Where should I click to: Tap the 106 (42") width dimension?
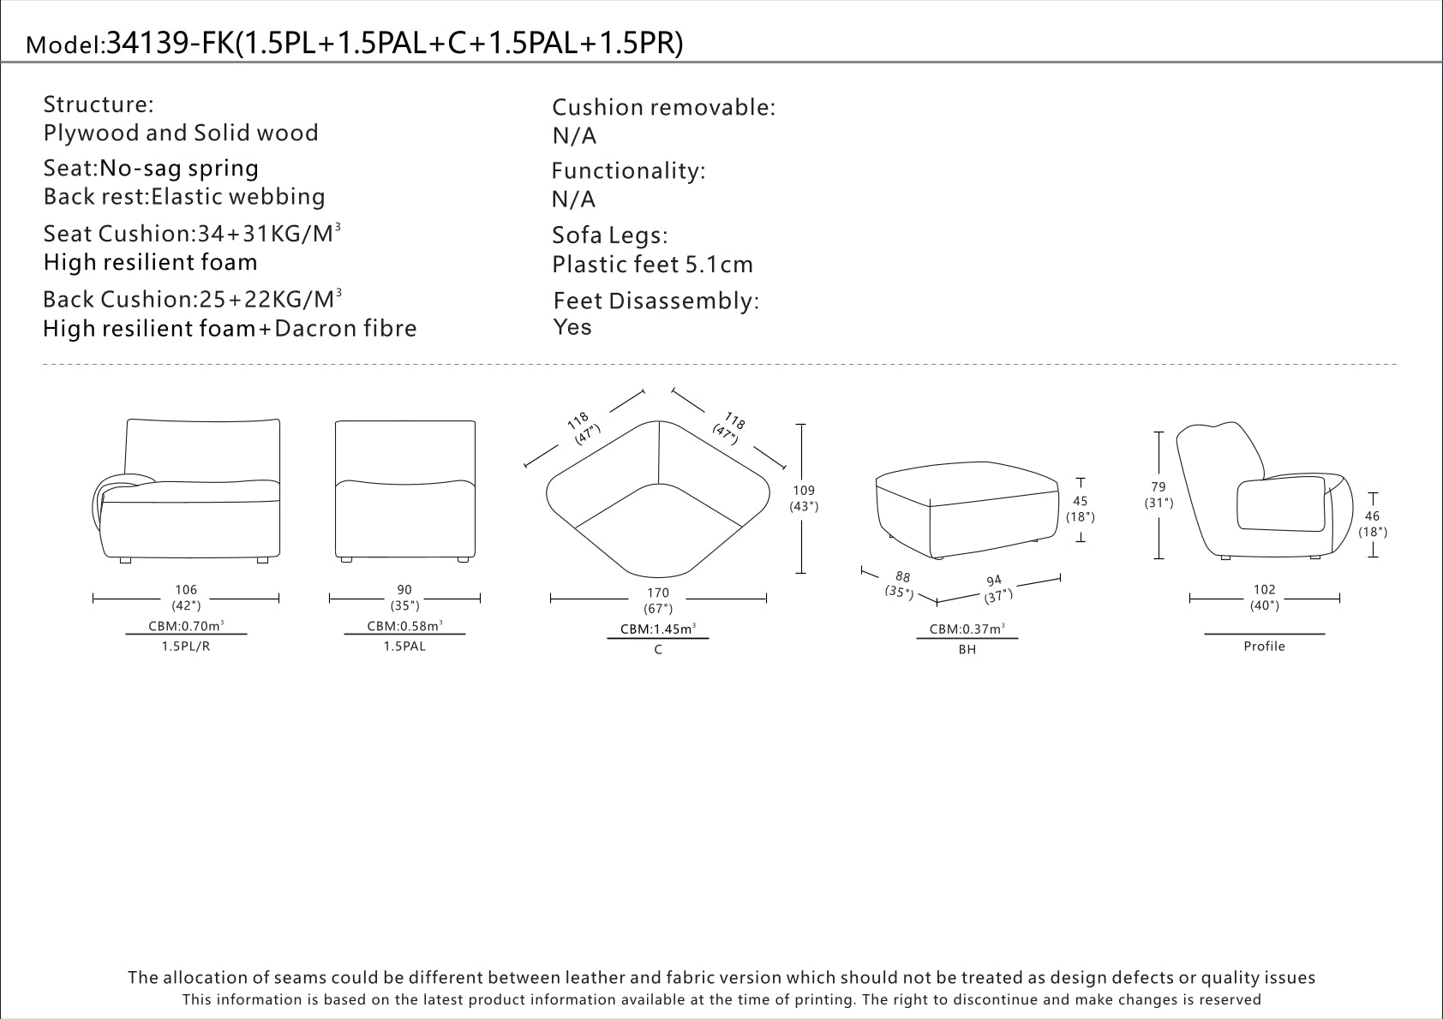186,598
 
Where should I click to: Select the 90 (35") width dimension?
404,598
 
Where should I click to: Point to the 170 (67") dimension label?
658,600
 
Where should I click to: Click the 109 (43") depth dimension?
804,498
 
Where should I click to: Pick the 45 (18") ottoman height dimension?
1081,509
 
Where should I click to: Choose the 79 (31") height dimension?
1159,495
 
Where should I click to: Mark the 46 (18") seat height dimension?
1373,523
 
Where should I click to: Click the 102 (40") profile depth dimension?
1265,598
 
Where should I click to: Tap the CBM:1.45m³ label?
658,629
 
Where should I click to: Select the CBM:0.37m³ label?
967,629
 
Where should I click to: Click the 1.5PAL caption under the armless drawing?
404,647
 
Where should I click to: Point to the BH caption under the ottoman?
967,650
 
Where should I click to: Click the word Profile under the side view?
1264,647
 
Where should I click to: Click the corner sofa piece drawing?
658,499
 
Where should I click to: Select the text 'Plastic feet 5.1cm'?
652,265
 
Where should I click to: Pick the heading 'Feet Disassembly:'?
656,301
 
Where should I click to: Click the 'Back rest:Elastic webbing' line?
184,196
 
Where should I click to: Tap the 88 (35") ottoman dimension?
900,585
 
